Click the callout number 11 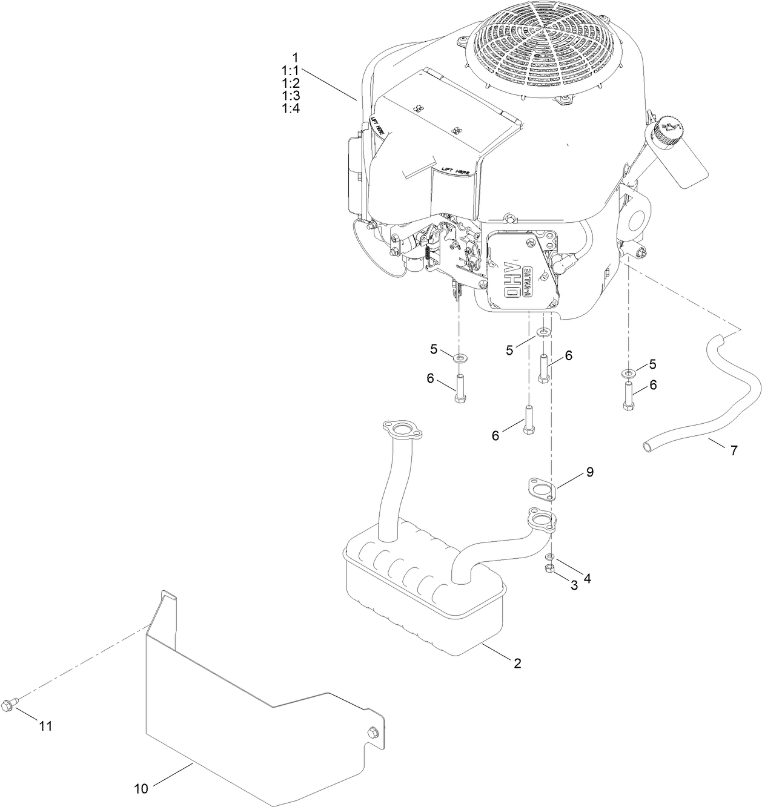click(45, 726)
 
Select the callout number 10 click(141, 788)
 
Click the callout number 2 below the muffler click(517, 663)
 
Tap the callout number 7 click(734, 450)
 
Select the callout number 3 click(574, 584)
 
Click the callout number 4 click(586, 578)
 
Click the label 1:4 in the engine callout click(291, 108)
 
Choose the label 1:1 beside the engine click(291, 70)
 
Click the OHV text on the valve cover click(512, 280)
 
